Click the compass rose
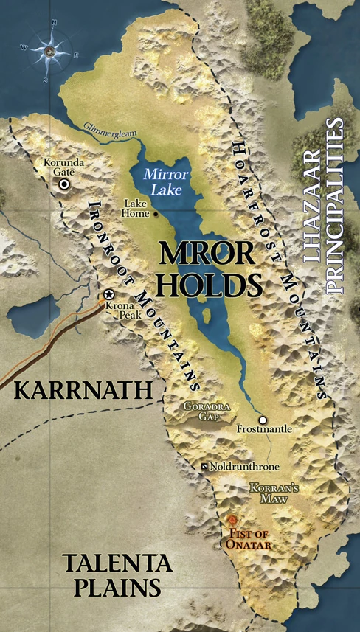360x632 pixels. point(50,50)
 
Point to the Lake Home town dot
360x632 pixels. point(156,214)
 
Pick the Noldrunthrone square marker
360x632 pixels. point(205,468)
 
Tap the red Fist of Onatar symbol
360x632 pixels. point(235,521)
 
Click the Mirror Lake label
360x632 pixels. point(167,181)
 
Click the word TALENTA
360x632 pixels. point(118,566)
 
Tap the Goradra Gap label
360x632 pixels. point(202,411)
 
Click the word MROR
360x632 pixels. point(208,254)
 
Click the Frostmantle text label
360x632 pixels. point(265,429)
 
